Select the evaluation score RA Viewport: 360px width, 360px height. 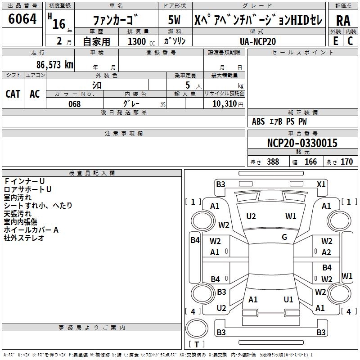click(343, 20)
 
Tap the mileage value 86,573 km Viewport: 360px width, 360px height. click(54, 64)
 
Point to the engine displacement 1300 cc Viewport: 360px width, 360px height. click(137, 41)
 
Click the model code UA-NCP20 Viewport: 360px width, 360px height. click(258, 41)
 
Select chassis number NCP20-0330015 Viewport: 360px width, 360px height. click(302, 143)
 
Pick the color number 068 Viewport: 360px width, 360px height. click(74, 104)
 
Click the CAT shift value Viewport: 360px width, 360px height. click(13, 94)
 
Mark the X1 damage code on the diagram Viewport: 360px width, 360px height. click(321, 184)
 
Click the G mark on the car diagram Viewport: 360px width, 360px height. click(284, 237)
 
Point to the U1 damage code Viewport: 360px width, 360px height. click(288, 300)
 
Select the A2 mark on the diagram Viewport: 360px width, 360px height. click(326, 252)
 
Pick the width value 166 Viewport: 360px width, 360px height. click(311, 162)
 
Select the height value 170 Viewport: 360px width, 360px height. click(346, 162)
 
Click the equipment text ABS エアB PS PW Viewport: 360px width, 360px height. click(279, 121)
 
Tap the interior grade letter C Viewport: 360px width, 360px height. click(350, 41)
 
